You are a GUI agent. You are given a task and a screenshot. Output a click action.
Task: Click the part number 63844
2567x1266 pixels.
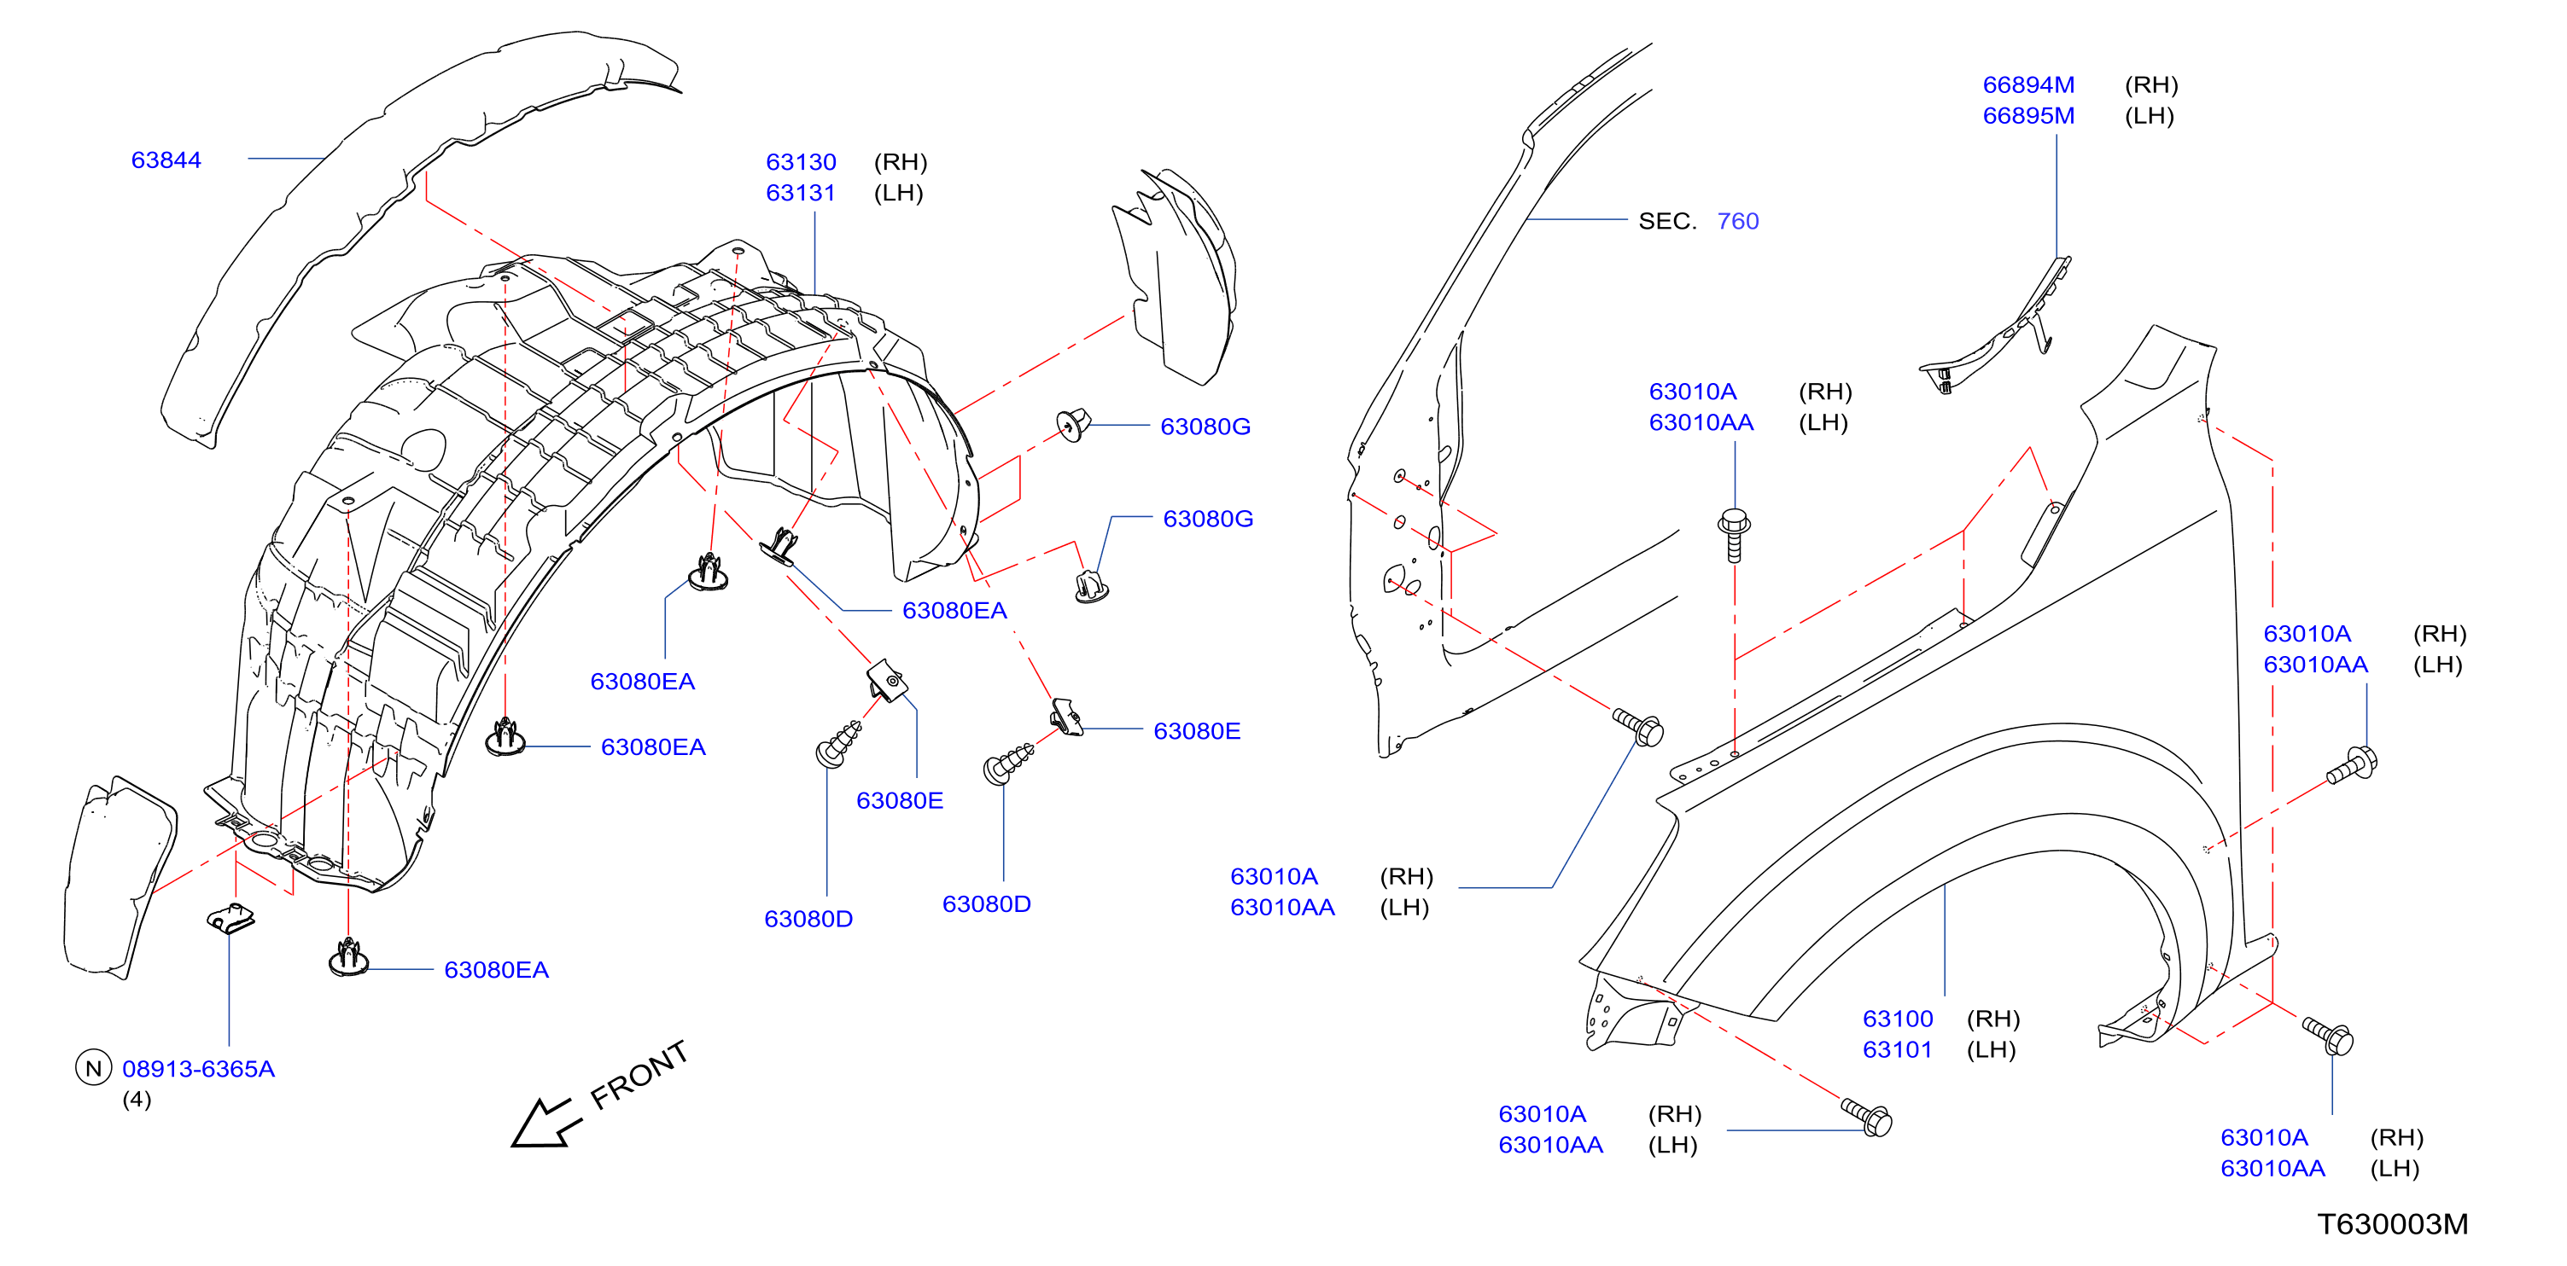(166, 160)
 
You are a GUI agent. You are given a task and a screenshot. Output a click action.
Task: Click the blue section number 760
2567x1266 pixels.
(1737, 221)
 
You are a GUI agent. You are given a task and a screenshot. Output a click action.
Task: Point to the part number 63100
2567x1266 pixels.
(1898, 1018)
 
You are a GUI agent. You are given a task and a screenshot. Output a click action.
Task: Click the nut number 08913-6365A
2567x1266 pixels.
(198, 1069)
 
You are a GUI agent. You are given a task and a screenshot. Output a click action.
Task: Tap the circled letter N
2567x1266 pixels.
(94, 1068)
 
